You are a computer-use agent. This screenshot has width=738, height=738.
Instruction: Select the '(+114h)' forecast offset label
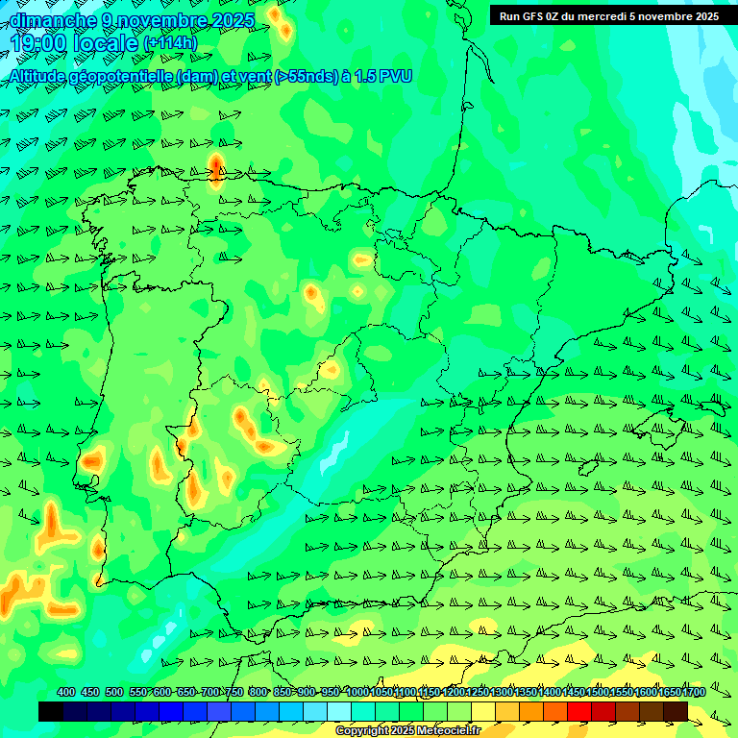tap(170, 43)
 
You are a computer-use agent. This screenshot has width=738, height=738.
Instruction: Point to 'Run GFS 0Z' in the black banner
tap(532, 15)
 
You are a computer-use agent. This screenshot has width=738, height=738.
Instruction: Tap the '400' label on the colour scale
tap(66, 692)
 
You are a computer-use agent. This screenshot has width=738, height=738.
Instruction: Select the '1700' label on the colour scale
tap(695, 692)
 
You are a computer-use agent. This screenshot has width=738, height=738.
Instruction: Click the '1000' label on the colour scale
tap(357, 692)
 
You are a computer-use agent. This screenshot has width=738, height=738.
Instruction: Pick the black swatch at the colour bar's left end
tap(51, 711)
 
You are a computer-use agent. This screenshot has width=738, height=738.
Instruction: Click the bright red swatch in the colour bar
tap(579, 711)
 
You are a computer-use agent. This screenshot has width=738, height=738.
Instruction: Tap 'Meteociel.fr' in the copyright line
tap(447, 731)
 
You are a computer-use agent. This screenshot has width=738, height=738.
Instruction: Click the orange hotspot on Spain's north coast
tap(216, 165)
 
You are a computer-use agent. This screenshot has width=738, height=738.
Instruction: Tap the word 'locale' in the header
tap(106, 42)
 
